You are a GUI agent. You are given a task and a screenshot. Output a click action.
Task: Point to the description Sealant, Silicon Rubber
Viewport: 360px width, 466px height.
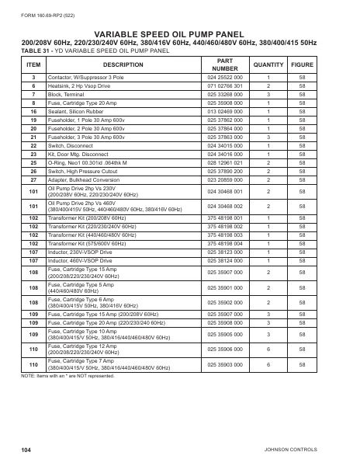coord(78,113)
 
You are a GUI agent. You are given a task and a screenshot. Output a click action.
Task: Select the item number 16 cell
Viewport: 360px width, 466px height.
coord(33,113)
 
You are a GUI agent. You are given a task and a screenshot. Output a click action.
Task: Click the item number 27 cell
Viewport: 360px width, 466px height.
coord(33,178)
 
